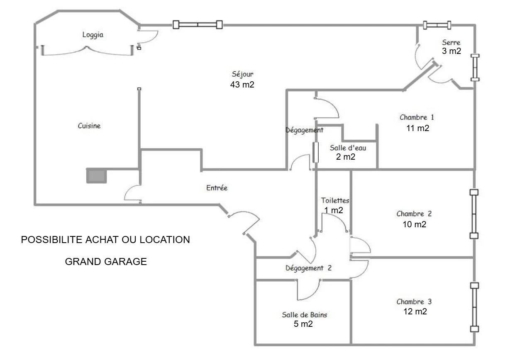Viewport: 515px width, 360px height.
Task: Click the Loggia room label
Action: pos(93,35)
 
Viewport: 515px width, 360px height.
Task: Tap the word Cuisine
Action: pos(89,126)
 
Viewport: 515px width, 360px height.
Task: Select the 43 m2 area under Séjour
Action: pos(242,85)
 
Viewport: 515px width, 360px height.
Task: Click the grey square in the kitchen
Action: pos(96,176)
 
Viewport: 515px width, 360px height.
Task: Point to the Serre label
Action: pos(451,42)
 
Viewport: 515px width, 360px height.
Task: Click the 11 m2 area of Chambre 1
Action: pos(417,128)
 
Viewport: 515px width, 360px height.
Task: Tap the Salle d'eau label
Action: pos(348,148)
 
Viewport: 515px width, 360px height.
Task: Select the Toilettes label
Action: pos(335,201)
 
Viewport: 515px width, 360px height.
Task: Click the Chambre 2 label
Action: pos(414,214)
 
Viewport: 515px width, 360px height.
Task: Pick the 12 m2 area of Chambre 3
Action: pos(415,311)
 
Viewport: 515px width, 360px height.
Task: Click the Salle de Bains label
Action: pos(305,315)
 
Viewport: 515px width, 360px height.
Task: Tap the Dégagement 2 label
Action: pos(308,268)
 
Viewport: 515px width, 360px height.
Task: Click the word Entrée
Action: pos(217,188)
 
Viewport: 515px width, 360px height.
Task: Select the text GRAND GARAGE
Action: pos(106,262)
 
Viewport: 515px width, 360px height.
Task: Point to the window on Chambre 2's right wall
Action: pos(474,214)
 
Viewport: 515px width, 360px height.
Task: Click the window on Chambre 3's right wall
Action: pos(474,307)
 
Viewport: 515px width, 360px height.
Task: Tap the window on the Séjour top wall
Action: pos(198,25)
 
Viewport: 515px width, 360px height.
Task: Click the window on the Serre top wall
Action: pos(437,25)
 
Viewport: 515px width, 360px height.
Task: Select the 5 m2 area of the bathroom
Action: pos(303,324)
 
